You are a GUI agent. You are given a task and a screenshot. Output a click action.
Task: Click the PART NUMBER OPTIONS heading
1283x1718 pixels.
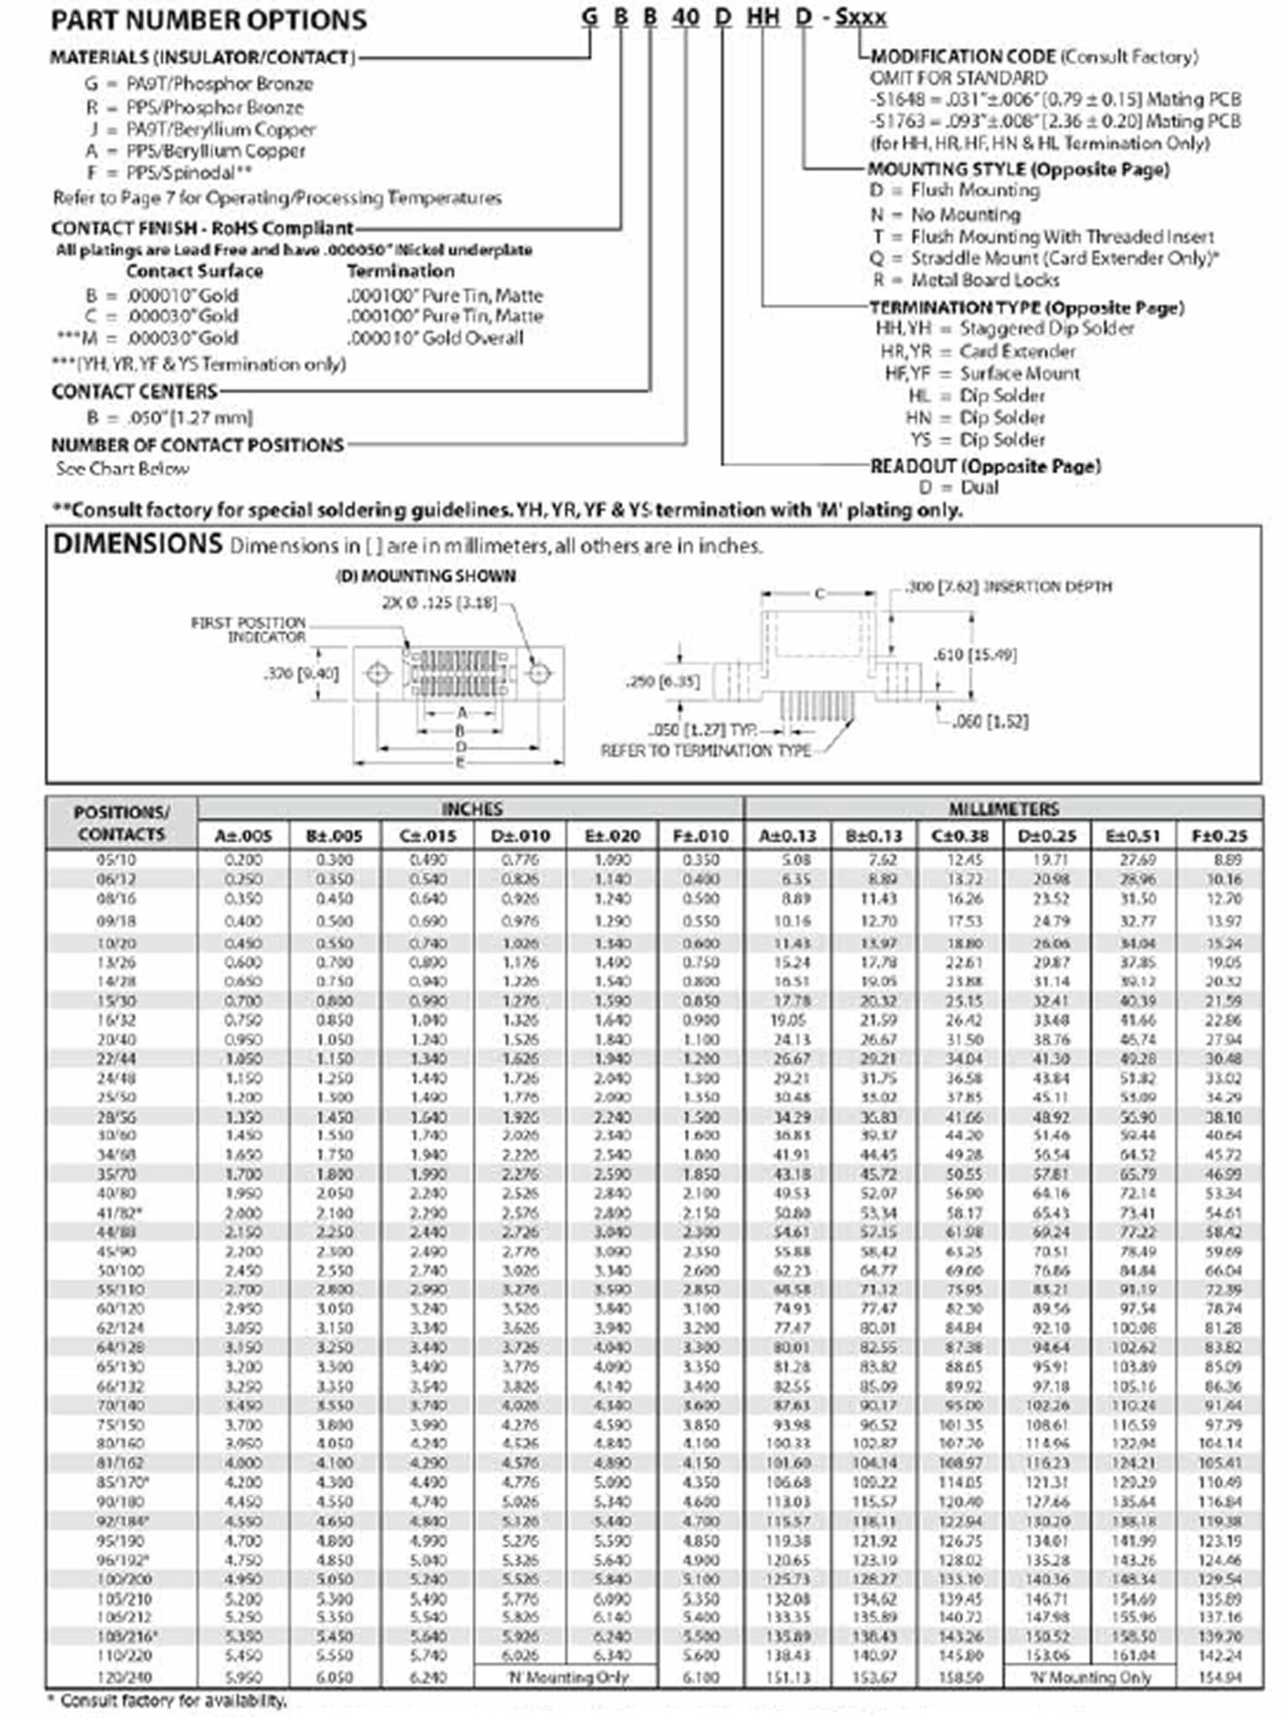[x=208, y=20]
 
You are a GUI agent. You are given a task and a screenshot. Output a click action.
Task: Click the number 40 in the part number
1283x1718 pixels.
[x=685, y=17]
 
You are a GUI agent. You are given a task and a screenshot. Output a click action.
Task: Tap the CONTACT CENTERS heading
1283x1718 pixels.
[x=134, y=391]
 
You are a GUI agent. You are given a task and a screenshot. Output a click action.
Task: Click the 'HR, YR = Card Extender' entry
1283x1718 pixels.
[x=978, y=351]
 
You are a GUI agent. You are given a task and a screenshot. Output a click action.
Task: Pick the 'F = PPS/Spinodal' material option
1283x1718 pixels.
[x=169, y=172]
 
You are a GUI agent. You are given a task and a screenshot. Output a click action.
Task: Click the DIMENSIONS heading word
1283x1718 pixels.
[x=138, y=544]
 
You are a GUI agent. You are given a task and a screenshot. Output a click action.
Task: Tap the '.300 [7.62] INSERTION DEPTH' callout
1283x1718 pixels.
[x=1009, y=587]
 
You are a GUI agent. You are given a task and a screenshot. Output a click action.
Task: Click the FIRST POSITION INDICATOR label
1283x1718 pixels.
[x=248, y=629]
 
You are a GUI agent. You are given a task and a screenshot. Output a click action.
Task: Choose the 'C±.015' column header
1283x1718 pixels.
[x=427, y=836]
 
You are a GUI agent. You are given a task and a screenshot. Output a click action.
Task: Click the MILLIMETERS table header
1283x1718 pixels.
[x=1003, y=809]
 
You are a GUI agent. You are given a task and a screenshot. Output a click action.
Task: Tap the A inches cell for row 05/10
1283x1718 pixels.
[x=243, y=860]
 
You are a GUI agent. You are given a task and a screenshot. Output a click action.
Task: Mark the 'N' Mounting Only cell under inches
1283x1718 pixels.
[x=566, y=1677]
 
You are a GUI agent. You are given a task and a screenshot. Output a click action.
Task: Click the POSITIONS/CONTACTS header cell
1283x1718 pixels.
[x=121, y=823]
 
